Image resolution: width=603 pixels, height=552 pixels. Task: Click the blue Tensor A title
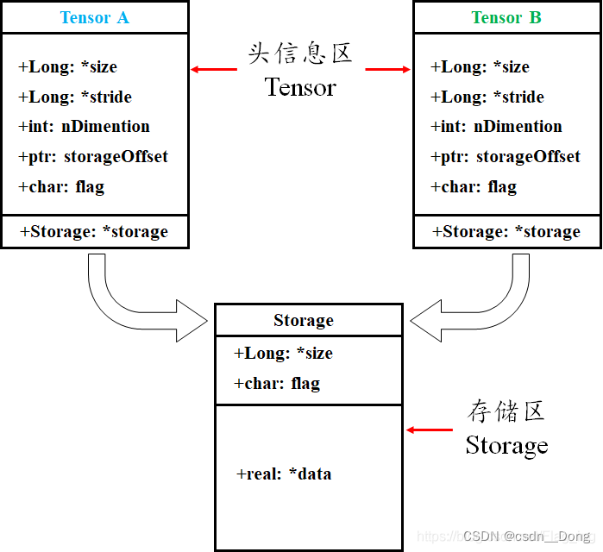point(94,17)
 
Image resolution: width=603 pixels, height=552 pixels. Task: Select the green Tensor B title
point(506,17)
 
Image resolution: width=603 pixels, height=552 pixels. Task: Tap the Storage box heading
point(304,320)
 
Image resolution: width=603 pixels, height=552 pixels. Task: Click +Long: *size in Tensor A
point(67,66)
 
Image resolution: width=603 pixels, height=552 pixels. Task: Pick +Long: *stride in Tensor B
point(487,97)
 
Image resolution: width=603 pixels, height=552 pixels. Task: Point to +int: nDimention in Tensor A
point(84,126)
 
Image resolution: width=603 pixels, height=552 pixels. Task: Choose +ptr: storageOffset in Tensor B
point(506,156)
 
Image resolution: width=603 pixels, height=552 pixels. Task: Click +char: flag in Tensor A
point(61,186)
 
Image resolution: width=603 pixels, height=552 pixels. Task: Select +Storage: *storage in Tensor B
point(506,231)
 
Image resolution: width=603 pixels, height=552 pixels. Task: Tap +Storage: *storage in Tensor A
point(93,231)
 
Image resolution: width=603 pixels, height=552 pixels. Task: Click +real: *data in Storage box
point(284,474)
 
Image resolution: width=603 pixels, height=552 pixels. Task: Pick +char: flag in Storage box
point(277,383)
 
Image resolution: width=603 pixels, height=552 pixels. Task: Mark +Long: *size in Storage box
point(283,353)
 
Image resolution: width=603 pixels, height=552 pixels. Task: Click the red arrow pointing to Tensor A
point(213,69)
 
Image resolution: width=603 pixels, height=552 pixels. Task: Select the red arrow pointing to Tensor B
point(388,69)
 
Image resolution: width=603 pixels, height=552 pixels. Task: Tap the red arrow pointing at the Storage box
point(430,430)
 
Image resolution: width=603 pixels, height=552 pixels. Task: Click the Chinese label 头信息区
point(300,53)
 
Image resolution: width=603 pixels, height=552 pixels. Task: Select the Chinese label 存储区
point(506,411)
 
